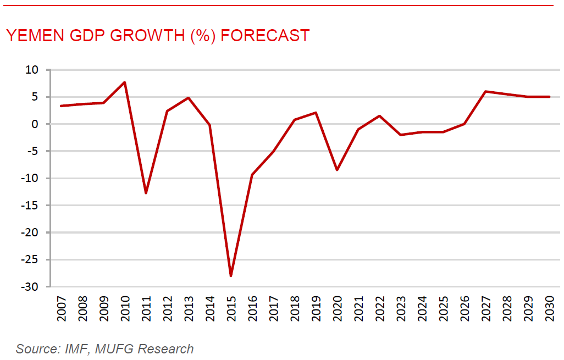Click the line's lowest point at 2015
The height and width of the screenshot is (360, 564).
coord(231,275)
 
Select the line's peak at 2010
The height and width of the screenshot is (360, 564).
coord(125,82)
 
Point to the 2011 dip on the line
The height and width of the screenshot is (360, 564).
coord(146,193)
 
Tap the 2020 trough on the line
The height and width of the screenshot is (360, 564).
coord(337,170)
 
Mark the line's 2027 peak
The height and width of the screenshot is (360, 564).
coord(485,91)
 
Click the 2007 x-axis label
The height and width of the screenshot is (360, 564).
coord(62,309)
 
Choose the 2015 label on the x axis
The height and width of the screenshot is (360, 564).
coord(231,309)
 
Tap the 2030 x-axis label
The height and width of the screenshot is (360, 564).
coord(549,309)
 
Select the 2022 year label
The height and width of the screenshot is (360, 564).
coord(379,309)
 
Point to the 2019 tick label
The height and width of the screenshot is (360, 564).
coord(316,309)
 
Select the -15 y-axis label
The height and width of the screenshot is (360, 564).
coord(30,206)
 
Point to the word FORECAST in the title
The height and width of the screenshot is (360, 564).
coord(266,36)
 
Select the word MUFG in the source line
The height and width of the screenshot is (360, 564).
coord(110,348)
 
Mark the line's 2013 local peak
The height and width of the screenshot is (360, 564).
coord(189,98)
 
